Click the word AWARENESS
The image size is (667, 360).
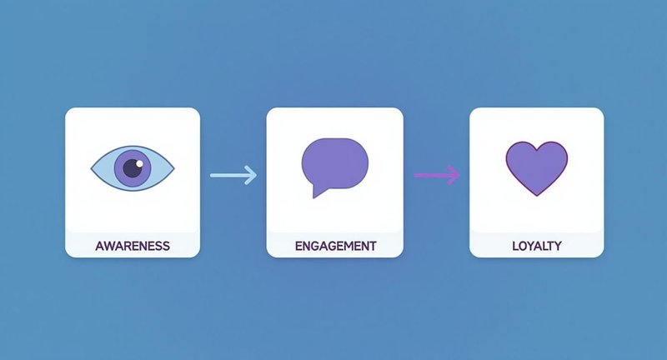click(133, 246)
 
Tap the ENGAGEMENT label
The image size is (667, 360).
click(336, 246)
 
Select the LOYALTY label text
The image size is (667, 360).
click(537, 246)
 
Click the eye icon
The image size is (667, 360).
click(133, 168)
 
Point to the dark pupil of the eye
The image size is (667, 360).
click(133, 168)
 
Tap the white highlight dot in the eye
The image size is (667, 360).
click(139, 163)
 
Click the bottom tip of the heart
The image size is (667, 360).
click(537, 196)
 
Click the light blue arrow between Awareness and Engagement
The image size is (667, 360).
click(233, 175)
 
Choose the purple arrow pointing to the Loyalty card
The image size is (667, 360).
click(437, 174)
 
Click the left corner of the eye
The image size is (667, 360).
click(92, 168)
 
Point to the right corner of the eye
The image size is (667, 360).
click(174, 168)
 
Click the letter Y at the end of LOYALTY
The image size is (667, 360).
click(557, 246)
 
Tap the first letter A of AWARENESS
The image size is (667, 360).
click(99, 246)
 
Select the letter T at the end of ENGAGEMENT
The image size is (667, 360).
click(373, 246)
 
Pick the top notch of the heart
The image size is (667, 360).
click(537, 150)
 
